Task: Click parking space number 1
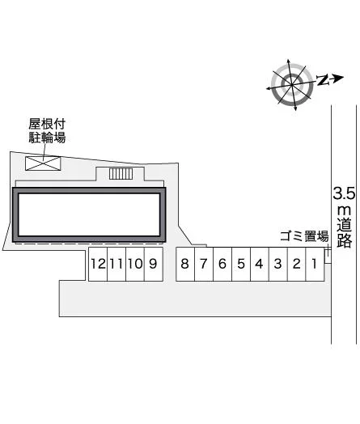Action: coord(315,264)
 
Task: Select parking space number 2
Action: coord(296,264)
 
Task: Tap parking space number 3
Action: coord(277,264)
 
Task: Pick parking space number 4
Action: coord(260,264)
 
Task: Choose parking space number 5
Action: coord(241,264)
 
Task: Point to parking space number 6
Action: coord(222,264)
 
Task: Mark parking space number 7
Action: coord(204,264)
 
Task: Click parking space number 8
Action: coord(185,264)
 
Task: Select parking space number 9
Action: coord(154,264)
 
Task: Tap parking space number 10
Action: coord(135,264)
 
